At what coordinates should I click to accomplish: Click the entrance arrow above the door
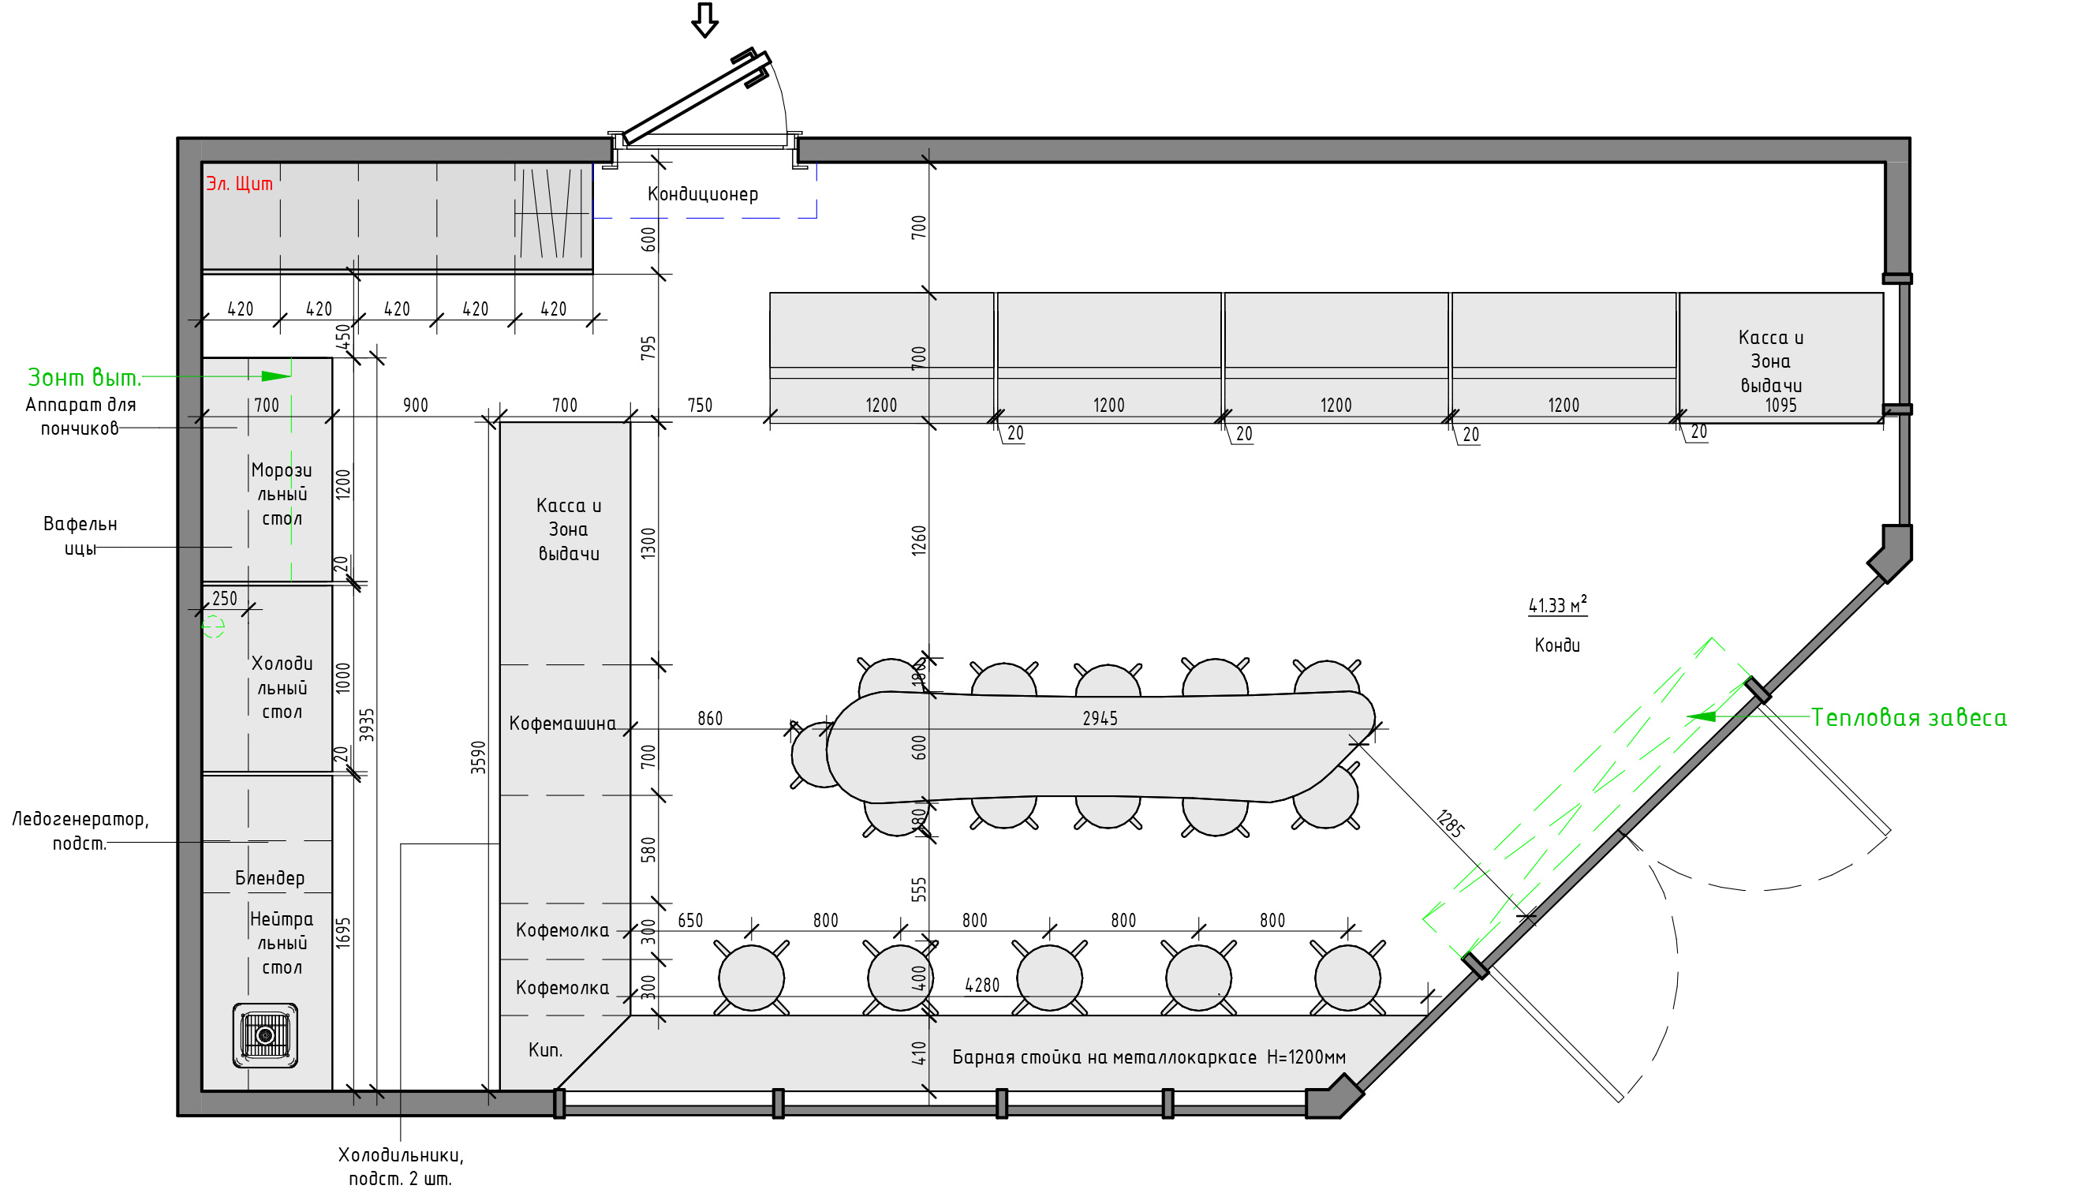coord(704,20)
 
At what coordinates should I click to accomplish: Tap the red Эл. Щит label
coord(239,184)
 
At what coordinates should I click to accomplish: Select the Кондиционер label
coord(703,195)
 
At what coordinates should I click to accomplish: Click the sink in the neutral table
coord(265,1036)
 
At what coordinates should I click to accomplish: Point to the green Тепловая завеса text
coord(1908,718)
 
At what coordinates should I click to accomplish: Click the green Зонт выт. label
coord(84,378)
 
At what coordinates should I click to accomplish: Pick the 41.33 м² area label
coord(1557,604)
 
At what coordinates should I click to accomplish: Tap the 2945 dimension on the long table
coord(1100,719)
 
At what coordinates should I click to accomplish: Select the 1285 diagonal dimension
coord(1451,823)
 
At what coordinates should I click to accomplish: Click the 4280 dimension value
coord(982,985)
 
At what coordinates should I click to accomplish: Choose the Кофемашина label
coord(562,724)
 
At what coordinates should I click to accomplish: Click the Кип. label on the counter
coord(545,1049)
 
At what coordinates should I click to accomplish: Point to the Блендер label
coord(270,877)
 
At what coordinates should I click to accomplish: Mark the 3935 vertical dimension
coord(367,725)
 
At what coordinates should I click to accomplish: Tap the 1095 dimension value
coord(1780,406)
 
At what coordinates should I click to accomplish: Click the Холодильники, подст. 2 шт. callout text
coord(401,1167)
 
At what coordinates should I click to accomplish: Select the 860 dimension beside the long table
coord(710,719)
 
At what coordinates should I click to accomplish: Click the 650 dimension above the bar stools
coord(690,920)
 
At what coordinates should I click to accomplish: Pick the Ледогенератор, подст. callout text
coord(80,831)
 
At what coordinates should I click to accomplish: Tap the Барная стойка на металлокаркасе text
coord(1104,1057)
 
